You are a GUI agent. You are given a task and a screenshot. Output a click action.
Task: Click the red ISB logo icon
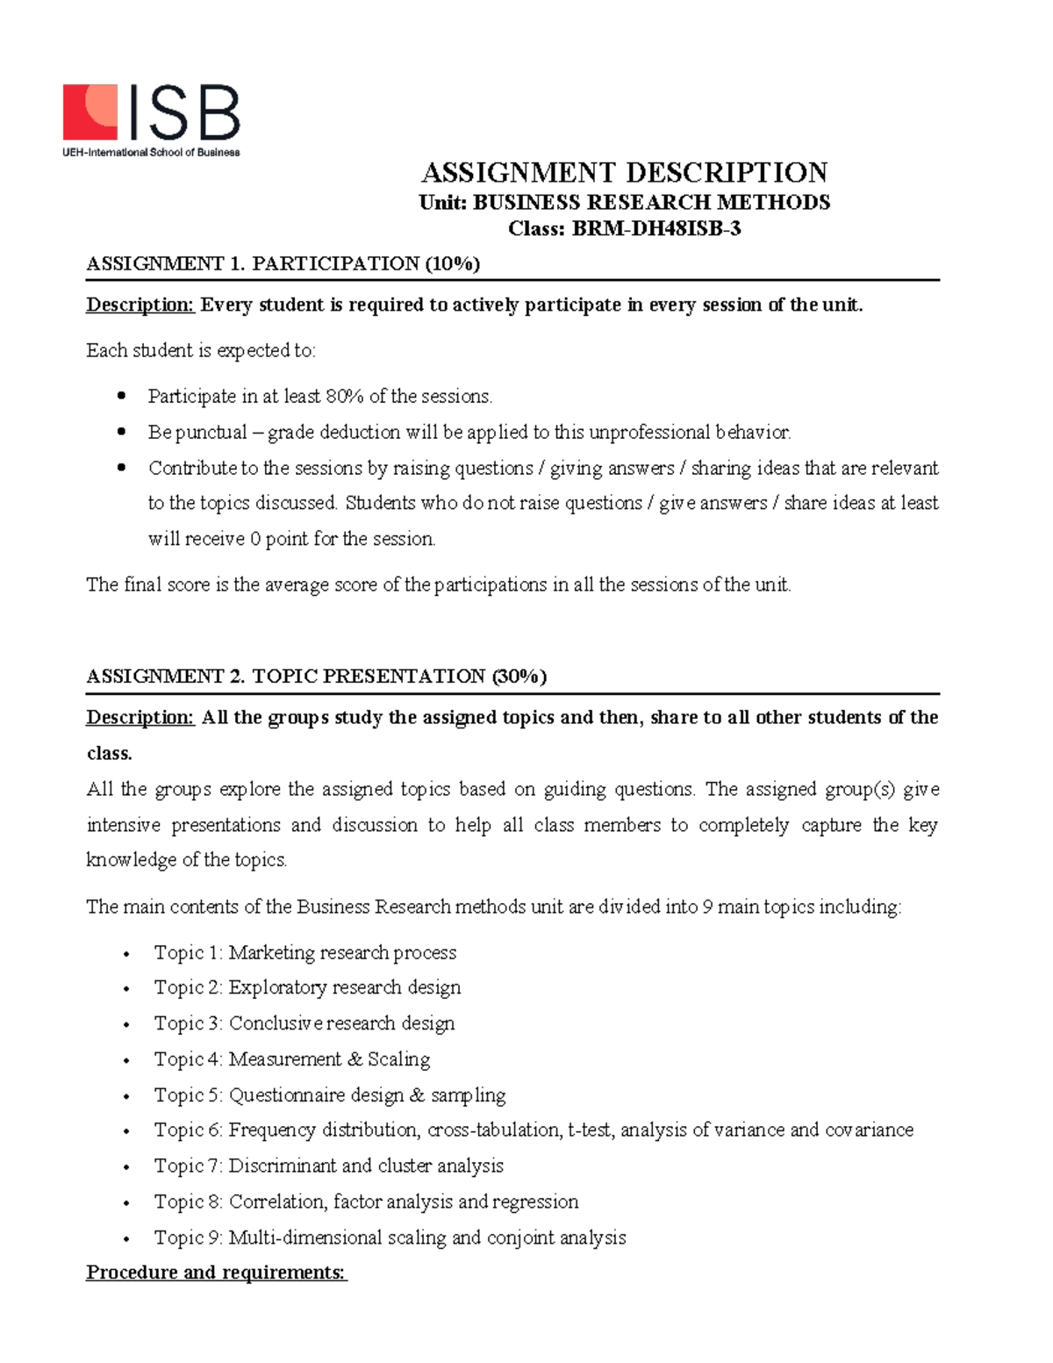pyautogui.click(x=90, y=111)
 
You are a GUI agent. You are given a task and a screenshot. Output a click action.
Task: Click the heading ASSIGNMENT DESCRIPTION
pyautogui.click(x=625, y=172)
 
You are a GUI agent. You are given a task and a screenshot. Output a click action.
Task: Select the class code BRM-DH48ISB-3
pyautogui.click(x=656, y=229)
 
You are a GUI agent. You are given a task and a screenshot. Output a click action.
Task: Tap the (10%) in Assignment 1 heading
pyautogui.click(x=452, y=263)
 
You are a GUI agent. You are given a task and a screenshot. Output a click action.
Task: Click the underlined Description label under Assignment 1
pyautogui.click(x=140, y=305)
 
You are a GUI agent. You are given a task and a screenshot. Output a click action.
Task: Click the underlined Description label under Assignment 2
pyautogui.click(x=140, y=718)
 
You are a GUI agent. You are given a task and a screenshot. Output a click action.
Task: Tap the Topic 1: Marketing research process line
pyautogui.click(x=304, y=952)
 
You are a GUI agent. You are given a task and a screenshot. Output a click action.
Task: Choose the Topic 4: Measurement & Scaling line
pyautogui.click(x=291, y=1059)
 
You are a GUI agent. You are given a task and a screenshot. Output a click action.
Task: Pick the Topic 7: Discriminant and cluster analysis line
pyautogui.click(x=328, y=1166)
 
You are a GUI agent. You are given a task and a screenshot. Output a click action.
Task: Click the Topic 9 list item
pyautogui.click(x=390, y=1237)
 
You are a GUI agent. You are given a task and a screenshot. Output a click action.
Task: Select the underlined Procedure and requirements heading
pyautogui.click(x=216, y=1273)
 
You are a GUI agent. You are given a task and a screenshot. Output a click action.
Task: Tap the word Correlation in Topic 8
pyautogui.click(x=277, y=1202)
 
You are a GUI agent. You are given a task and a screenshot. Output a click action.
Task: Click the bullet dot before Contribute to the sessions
pyautogui.click(x=122, y=469)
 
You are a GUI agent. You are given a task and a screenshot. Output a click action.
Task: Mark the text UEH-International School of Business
pyautogui.click(x=150, y=152)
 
